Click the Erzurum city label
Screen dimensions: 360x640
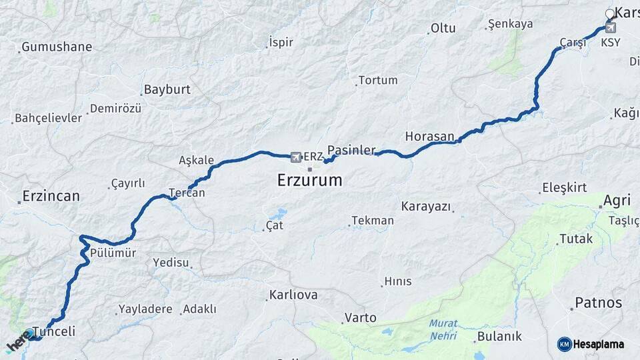[x=309, y=180]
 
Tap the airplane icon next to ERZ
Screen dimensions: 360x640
[x=296, y=157]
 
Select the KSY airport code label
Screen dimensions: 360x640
[x=610, y=42]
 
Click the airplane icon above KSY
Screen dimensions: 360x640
[x=610, y=28]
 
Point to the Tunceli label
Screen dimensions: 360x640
[x=54, y=331]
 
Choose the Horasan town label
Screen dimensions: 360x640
[x=429, y=136]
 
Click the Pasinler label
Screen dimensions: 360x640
[x=351, y=150]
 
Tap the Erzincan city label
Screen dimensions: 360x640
[x=51, y=196]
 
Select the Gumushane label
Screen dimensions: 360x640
[x=57, y=47]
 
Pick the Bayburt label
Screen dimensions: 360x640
[x=167, y=89]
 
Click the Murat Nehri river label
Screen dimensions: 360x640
[x=443, y=329]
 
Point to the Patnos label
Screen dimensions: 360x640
[x=598, y=303]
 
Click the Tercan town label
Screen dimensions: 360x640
[x=187, y=193]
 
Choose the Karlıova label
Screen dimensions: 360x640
[x=293, y=295]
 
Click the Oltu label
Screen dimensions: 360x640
[x=443, y=28]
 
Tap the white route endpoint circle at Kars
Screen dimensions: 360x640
[x=609, y=14]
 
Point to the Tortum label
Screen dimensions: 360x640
[x=378, y=80]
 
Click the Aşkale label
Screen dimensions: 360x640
[x=197, y=160]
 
